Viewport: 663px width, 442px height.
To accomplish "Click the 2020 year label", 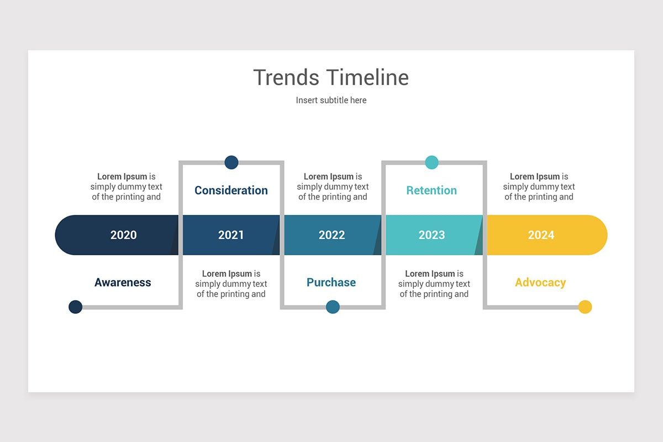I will [123, 235].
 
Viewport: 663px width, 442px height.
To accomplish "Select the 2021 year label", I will [231, 235].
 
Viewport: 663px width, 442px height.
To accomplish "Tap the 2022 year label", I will [331, 235].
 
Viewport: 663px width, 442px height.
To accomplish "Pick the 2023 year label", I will [432, 235].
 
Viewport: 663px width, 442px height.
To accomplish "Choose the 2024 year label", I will [541, 235].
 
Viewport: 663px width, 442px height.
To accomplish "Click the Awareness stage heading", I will [123, 282].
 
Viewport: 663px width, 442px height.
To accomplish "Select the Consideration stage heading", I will [231, 190].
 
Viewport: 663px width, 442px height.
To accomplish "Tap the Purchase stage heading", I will [331, 282].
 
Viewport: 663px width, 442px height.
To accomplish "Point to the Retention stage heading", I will [432, 190].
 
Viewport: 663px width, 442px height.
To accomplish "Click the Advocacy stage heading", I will [540, 282].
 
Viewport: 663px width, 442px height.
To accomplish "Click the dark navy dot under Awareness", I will [76, 307].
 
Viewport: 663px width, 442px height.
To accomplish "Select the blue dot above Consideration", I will [231, 162].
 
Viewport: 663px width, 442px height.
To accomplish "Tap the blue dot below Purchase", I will [333, 307].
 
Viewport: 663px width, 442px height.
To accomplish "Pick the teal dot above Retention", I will [432, 162].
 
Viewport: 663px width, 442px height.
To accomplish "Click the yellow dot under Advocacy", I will [585, 307].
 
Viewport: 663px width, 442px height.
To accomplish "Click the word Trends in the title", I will [286, 77].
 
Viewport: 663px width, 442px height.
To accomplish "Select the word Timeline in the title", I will [367, 77].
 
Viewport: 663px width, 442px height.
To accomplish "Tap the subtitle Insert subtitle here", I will [331, 100].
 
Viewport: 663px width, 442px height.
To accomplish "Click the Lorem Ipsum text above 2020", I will [127, 187].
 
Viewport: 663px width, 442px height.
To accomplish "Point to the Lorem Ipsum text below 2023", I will [434, 284].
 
